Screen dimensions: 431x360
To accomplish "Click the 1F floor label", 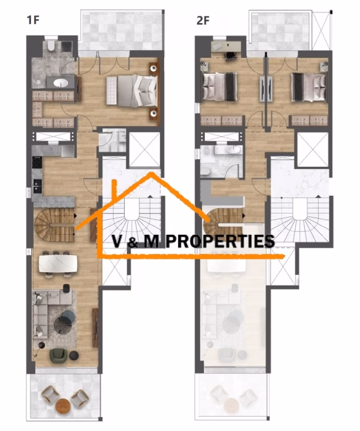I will (x=32, y=20).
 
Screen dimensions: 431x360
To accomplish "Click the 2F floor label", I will (x=203, y=20).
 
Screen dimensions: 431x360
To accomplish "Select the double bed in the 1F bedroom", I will (x=131, y=91).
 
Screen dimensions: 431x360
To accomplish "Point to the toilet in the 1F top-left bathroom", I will (x=50, y=47).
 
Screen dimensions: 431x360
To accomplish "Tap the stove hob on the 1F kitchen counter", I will (x=37, y=162).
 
